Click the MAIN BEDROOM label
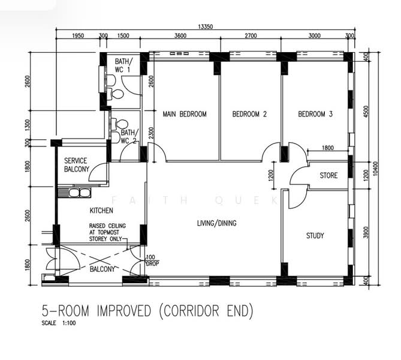click(185, 114)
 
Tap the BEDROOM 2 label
click(249, 114)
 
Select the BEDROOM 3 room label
click(315, 114)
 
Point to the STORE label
click(328, 175)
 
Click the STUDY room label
click(315, 236)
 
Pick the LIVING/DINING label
click(216, 223)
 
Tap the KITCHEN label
click(101, 211)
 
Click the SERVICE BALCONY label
click(77, 165)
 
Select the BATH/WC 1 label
click(124, 65)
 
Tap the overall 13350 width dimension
click(206, 26)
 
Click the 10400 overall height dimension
click(375, 169)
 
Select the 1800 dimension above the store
click(328, 148)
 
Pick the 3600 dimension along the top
click(180, 35)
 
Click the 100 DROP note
click(152, 260)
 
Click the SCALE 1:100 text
click(59, 323)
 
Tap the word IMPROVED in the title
click(124, 311)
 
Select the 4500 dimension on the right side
click(366, 112)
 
